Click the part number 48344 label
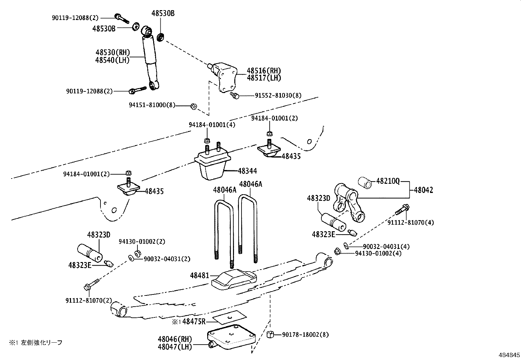click(247, 171)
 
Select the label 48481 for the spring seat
click(199, 275)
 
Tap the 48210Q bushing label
click(388, 181)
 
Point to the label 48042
click(423, 190)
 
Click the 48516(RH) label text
click(264, 70)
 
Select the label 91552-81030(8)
click(278, 95)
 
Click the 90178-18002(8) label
click(305, 335)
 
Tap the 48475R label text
click(194, 321)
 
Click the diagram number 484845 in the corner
click(509, 355)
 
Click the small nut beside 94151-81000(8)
click(193, 106)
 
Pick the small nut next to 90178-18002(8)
click(270, 335)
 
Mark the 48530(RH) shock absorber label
click(113, 52)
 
